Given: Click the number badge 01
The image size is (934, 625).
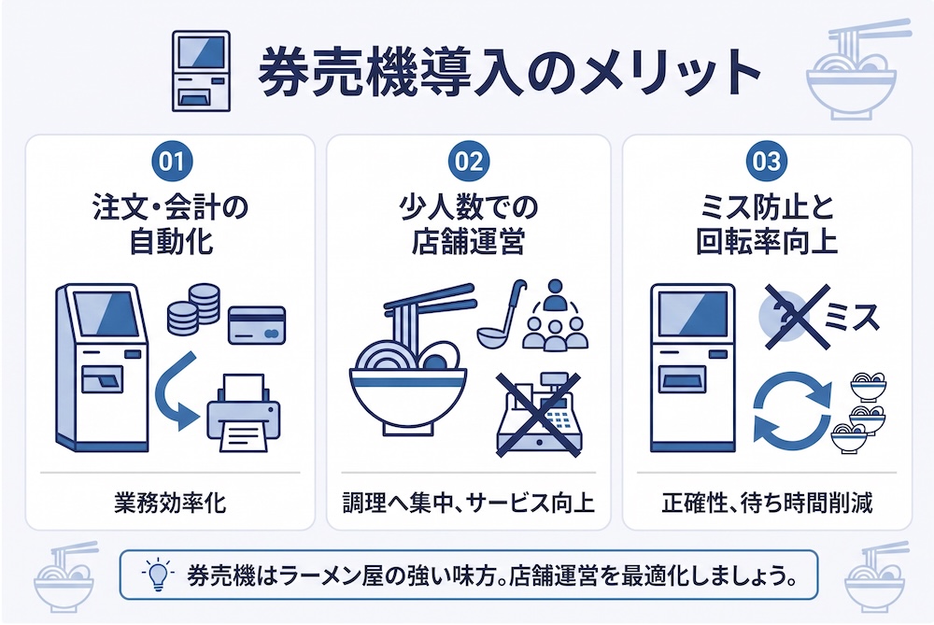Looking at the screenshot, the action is (172, 162).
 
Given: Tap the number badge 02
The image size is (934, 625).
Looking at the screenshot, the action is (469, 162).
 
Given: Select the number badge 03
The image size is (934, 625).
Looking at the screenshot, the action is (767, 162).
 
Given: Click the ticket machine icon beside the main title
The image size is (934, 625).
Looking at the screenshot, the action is (202, 71).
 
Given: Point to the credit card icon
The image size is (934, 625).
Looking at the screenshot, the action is (258, 325).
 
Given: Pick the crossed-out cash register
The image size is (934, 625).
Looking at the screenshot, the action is (539, 416).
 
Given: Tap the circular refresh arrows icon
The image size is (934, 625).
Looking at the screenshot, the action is (792, 407).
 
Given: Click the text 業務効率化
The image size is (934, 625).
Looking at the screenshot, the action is (170, 504).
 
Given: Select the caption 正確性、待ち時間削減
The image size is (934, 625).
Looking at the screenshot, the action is (767, 504).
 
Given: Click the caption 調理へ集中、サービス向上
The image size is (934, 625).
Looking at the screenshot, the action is (469, 504).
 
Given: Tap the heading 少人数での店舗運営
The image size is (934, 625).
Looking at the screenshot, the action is (469, 224).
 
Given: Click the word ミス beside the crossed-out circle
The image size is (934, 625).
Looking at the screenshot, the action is (852, 317).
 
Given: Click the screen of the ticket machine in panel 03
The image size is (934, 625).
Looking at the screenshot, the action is (693, 315).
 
